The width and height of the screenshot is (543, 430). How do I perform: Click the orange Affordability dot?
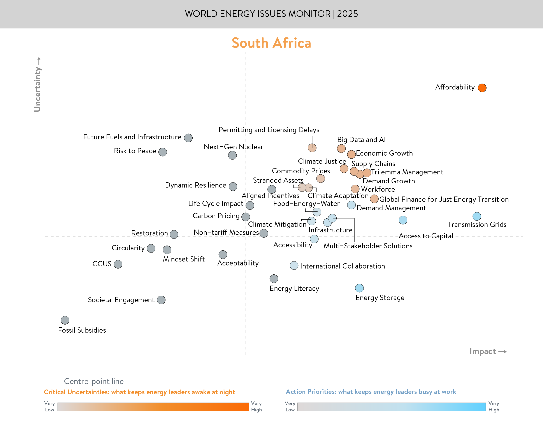482,88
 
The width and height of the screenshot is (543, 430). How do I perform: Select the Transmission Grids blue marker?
477,216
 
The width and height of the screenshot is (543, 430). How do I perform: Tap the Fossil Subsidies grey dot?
65,320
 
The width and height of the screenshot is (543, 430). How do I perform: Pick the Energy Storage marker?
359,288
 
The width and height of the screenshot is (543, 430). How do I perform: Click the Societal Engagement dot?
161,300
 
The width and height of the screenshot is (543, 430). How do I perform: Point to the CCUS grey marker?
118,264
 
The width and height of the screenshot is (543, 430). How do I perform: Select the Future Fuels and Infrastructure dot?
188,138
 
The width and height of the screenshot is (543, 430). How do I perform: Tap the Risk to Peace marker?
163,152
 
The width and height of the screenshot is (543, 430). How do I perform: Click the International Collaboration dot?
294,265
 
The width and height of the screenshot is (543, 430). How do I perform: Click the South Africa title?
271,43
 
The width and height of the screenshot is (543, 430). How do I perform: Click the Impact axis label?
483,351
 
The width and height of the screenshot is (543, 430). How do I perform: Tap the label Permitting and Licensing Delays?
269,130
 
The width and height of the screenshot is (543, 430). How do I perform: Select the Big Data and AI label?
361,140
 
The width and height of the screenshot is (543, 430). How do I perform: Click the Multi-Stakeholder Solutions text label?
368,246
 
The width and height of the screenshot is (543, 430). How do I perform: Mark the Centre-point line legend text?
94,381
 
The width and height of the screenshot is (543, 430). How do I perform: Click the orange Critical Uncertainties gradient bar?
153,407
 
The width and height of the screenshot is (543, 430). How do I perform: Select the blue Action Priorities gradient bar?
392,407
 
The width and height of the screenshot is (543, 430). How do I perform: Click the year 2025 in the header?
347,14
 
